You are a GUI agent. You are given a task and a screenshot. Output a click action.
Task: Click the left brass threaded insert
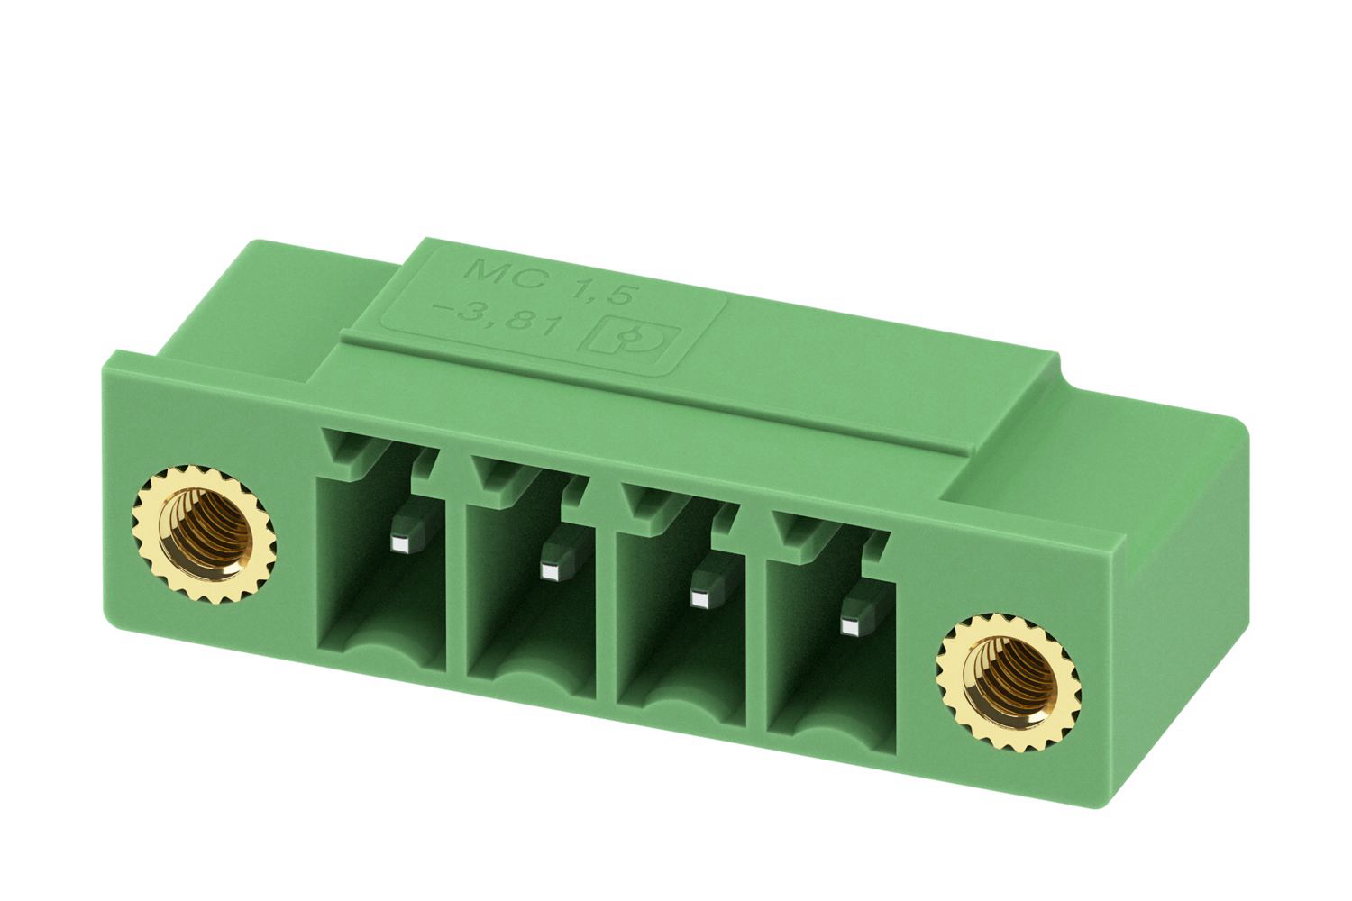click(204, 534)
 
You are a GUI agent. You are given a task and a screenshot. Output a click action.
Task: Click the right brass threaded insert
click(1009, 684)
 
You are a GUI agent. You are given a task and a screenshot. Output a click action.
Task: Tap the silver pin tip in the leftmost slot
click(399, 544)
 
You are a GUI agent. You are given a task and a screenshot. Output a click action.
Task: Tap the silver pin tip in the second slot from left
click(550, 571)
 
